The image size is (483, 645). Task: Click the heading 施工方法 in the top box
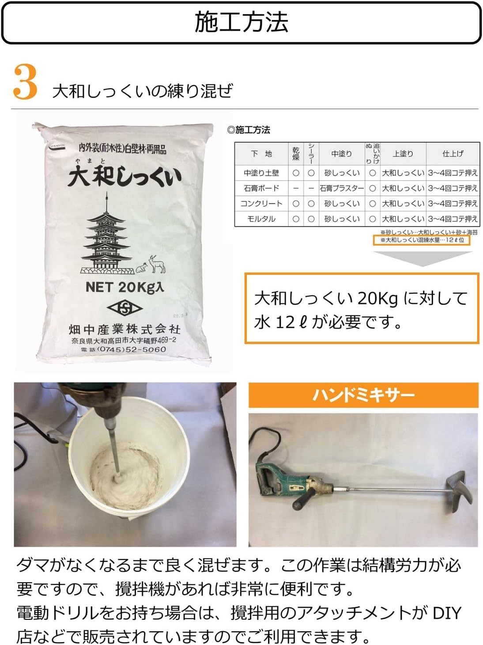tap(241, 22)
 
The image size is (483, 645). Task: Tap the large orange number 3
tap(25, 83)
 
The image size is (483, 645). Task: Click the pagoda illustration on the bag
tap(106, 234)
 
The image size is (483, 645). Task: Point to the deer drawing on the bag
tap(157, 264)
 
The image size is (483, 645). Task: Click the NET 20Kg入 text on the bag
tap(125, 287)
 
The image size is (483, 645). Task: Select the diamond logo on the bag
tap(125, 308)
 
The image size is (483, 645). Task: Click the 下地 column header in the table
tap(261, 154)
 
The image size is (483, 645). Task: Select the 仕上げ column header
tap(453, 154)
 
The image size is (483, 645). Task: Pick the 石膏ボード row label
tap(261, 188)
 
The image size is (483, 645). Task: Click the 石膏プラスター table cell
tap(342, 188)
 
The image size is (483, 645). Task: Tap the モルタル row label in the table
tap(261, 219)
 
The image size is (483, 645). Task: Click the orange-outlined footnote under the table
tap(422, 240)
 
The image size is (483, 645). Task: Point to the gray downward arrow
tap(423, 259)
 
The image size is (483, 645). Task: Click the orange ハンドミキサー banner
tap(363, 395)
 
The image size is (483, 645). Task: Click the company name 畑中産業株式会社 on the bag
tap(125, 329)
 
